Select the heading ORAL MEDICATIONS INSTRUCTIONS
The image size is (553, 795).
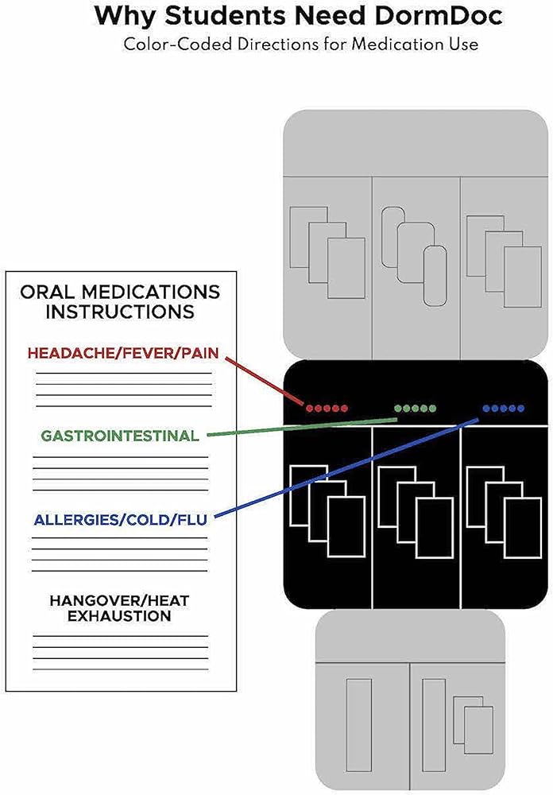pyautogui.click(x=119, y=301)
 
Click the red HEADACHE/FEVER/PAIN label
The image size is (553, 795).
pyautogui.click(x=122, y=352)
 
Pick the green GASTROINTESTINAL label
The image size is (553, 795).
pyautogui.click(x=120, y=436)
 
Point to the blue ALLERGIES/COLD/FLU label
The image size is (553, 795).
pyautogui.click(x=120, y=521)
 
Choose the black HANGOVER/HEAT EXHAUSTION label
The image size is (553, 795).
pyautogui.click(x=119, y=607)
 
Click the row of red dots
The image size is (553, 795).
pyautogui.click(x=327, y=409)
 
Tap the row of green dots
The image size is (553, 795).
pyautogui.click(x=415, y=409)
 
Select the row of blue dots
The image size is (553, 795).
pyautogui.click(x=503, y=409)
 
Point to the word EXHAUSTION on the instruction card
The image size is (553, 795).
pyautogui.click(x=119, y=616)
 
